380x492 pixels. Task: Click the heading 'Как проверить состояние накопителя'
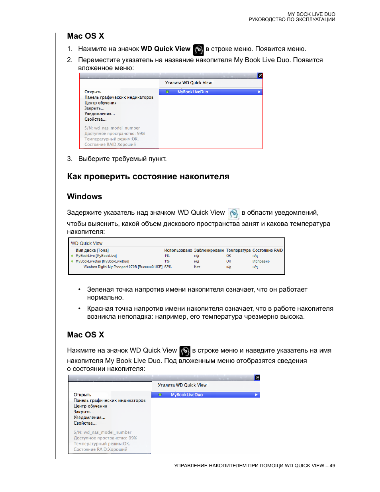(x=148, y=176)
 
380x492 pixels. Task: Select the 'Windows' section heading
(x=84, y=196)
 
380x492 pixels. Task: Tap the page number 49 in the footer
(x=332, y=465)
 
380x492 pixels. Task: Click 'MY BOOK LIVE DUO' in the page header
(x=311, y=14)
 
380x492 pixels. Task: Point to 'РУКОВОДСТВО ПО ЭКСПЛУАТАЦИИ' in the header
(x=292, y=20)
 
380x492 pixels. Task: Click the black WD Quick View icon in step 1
(x=198, y=50)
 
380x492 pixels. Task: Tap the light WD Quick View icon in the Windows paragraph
(x=233, y=214)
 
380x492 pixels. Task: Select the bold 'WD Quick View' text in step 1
(x=165, y=49)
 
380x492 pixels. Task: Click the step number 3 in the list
(x=70, y=159)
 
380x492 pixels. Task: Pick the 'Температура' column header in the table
(x=238, y=250)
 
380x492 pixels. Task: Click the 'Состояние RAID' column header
(x=267, y=250)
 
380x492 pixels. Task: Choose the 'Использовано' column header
(x=178, y=250)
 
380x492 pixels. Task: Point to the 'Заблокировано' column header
(x=209, y=250)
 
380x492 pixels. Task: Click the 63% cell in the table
(x=168, y=267)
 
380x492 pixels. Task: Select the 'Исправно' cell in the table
(x=261, y=261)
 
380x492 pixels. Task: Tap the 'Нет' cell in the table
(x=197, y=267)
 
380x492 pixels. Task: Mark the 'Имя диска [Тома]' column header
(x=92, y=250)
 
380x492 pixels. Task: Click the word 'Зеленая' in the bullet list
(x=100, y=289)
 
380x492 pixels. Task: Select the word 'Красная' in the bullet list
(x=100, y=308)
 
